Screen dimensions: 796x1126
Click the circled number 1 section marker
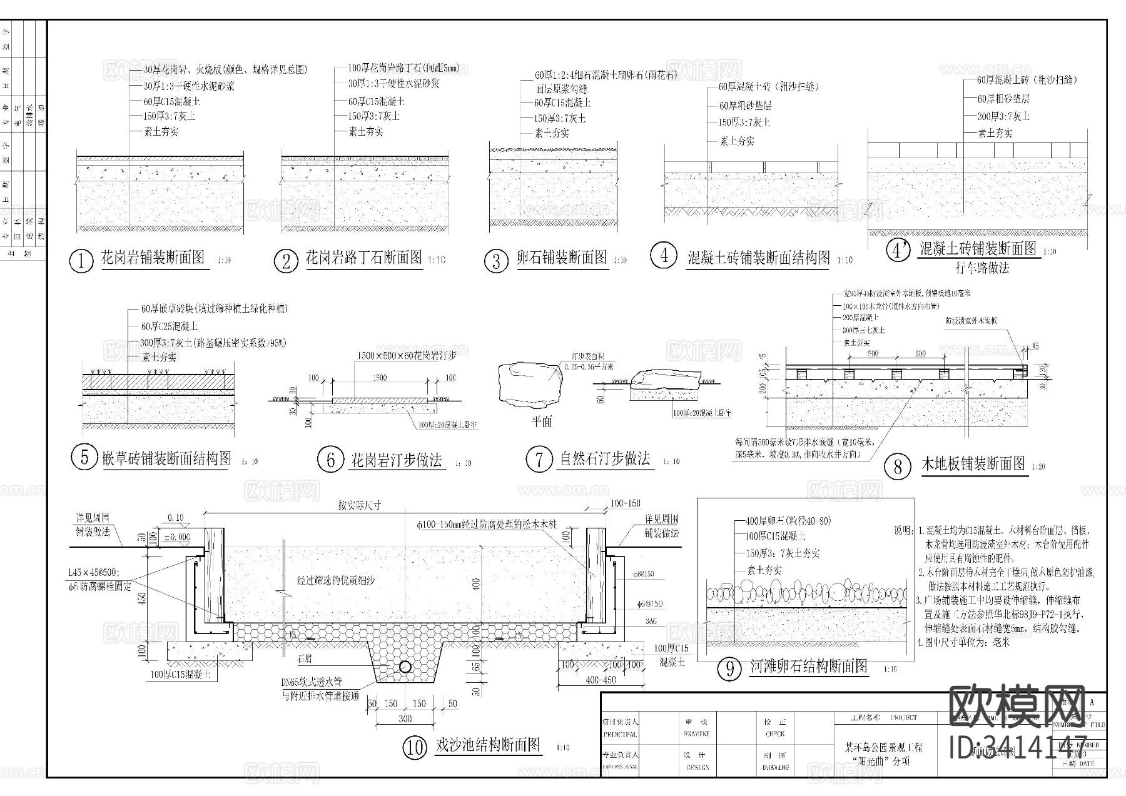pyautogui.click(x=81, y=261)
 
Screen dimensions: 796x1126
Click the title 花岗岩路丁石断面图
pyautogui.click(x=363, y=258)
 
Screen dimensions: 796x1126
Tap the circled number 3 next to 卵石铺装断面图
pyautogui.click(x=496, y=261)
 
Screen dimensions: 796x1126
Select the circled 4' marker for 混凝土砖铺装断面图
pyautogui.click(x=898, y=250)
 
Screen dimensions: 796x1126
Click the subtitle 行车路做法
pyautogui.click(x=982, y=268)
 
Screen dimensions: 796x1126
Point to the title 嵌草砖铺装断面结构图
pyautogui.click(x=166, y=459)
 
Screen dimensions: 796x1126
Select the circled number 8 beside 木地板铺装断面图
pyautogui.click(x=898, y=466)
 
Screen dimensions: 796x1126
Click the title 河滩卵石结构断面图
pyautogui.click(x=809, y=667)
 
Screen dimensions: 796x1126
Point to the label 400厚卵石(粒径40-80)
pyautogui.click(x=788, y=521)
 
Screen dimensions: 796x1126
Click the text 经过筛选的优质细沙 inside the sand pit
pyautogui.click(x=335, y=580)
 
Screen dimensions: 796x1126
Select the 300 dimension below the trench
pyautogui.click(x=405, y=718)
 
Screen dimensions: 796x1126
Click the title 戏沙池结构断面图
pyautogui.click(x=487, y=745)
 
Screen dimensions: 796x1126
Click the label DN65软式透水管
pyautogui.click(x=311, y=684)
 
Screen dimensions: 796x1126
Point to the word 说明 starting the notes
pyautogui.click(x=903, y=530)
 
